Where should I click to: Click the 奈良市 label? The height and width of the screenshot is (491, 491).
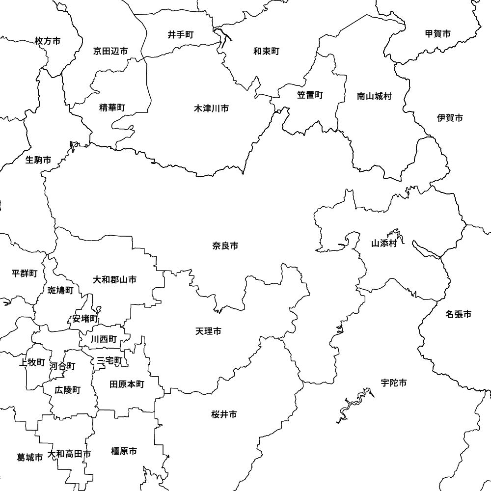(225, 245)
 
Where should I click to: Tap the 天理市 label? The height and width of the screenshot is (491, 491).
(208, 332)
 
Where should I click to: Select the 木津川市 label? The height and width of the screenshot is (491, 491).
(211, 108)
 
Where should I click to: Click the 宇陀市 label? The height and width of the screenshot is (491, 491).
(393, 383)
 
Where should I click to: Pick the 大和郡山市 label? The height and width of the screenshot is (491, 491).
(115, 280)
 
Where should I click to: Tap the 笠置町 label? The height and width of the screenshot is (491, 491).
(310, 95)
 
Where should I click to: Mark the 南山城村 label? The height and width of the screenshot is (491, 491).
(374, 96)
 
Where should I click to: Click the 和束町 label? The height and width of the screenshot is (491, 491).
(266, 51)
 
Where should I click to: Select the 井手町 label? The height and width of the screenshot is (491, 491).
(181, 35)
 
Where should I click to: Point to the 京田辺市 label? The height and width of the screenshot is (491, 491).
(110, 51)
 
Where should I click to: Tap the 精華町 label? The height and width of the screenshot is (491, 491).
(112, 108)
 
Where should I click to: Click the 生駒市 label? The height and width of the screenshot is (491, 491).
(38, 160)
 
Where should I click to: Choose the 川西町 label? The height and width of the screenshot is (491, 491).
(104, 339)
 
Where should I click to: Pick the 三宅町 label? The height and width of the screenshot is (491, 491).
(109, 361)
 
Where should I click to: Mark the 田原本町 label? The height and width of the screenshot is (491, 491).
(127, 384)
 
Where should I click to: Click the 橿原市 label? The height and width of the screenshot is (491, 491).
(124, 451)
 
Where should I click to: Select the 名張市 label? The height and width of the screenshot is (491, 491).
(459, 314)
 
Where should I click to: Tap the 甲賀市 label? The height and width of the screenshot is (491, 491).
(438, 34)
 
